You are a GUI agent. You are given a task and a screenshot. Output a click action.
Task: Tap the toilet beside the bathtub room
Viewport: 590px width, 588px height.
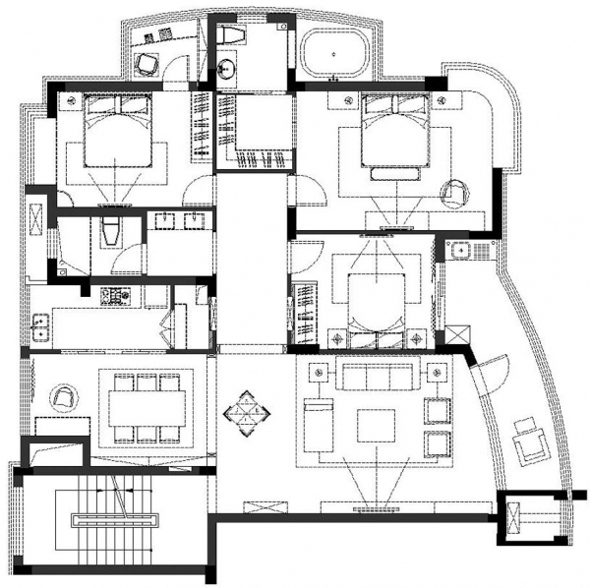[x=233, y=36]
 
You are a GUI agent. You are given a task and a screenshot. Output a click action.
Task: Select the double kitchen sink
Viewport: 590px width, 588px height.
[x=41, y=325]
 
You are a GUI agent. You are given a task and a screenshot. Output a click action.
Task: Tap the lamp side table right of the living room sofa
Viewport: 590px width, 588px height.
[x=437, y=372]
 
